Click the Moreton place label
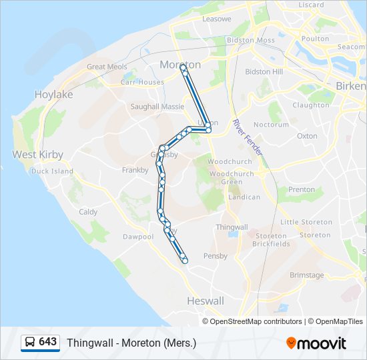point(180,65)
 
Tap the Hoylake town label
point(53,95)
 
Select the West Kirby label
point(38,155)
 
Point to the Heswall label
point(206,301)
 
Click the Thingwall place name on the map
point(232,227)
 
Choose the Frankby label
point(135,171)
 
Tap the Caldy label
point(88,212)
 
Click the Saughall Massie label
point(157,107)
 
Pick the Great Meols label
point(107,67)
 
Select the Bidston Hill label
point(264,72)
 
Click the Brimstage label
point(307,275)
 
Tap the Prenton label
point(302,190)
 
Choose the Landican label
point(244,197)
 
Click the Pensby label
point(216,256)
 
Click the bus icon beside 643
point(30,342)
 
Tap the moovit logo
point(316,343)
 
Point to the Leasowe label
point(216,19)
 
